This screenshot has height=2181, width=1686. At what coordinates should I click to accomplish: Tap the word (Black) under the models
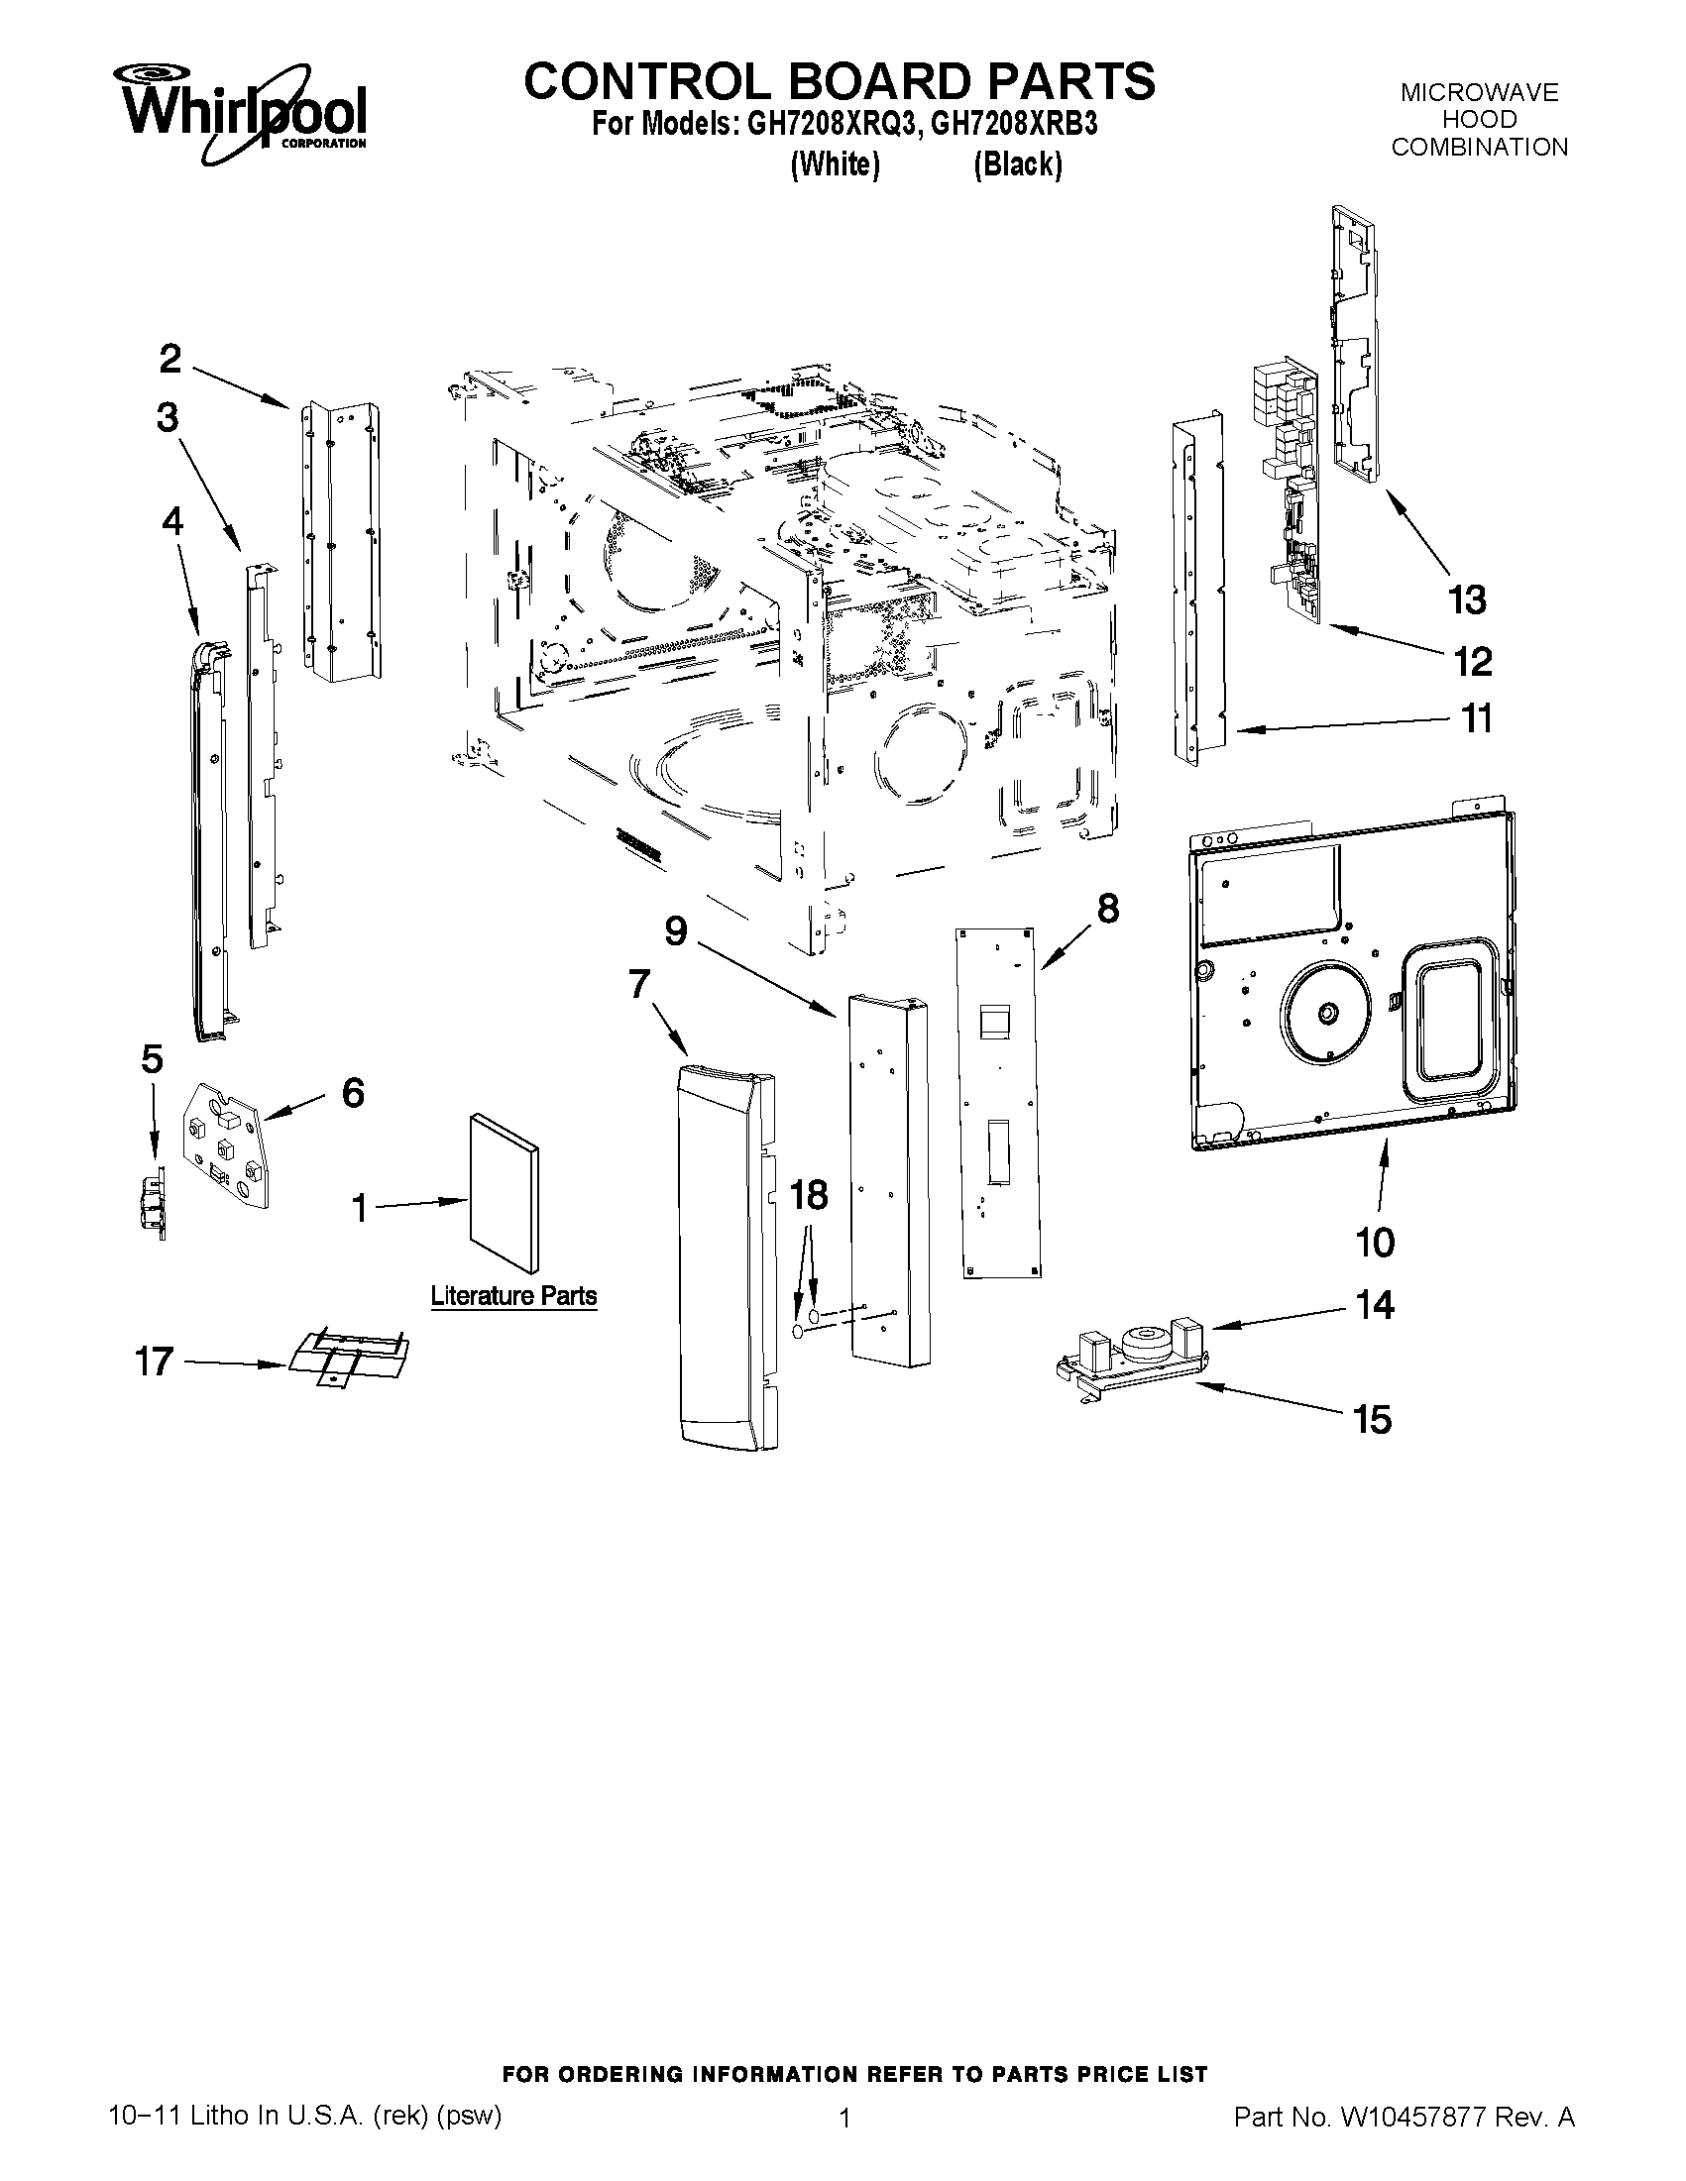point(1017,164)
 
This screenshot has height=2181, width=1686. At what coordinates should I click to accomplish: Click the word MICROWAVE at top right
point(1478,93)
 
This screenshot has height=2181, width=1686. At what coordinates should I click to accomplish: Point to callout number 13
point(1466,600)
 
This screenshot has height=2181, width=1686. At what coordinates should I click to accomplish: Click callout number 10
point(1375,1243)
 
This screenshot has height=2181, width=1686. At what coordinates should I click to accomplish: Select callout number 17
point(155,1362)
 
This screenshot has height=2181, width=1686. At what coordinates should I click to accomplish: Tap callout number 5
point(152,1058)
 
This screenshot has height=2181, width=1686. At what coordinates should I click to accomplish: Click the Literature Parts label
point(513,1296)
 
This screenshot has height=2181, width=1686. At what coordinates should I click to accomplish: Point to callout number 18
point(809,1195)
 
